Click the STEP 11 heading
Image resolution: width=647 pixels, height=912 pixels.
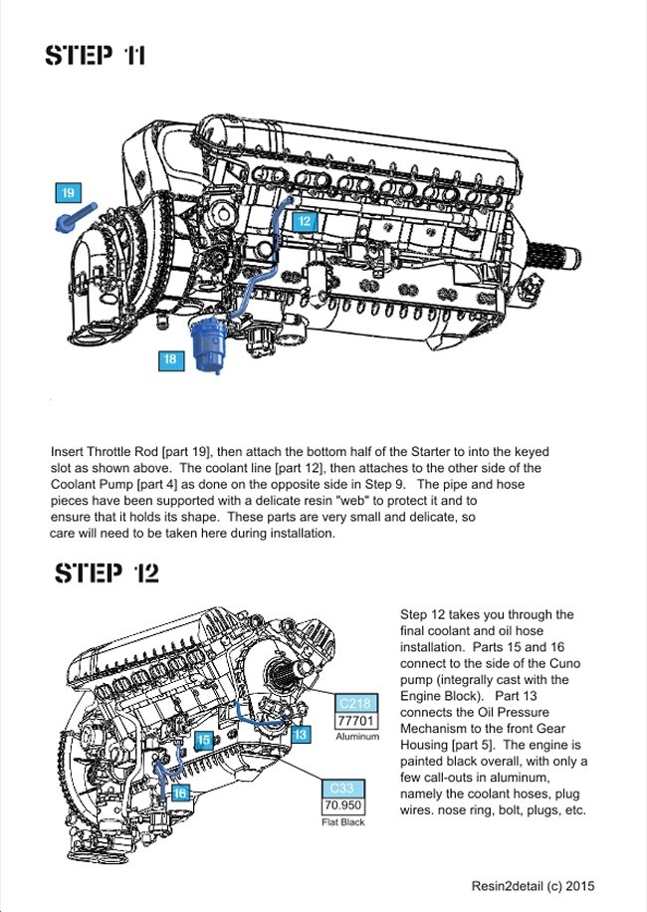96,55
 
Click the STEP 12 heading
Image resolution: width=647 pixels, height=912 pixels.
106,573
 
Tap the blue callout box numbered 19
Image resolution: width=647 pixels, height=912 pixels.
67,192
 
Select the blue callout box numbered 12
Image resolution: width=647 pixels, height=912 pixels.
305,221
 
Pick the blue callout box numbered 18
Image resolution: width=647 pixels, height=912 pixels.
170,359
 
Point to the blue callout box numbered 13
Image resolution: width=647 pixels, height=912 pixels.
301,734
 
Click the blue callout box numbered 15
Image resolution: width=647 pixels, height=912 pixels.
203,741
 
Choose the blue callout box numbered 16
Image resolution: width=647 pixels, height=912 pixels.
179,793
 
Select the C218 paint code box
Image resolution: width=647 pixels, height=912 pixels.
355,703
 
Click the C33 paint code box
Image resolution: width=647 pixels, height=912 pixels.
341,788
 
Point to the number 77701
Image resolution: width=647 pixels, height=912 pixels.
355,720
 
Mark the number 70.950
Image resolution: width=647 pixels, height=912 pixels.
341,804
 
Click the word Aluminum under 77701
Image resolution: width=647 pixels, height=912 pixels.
357,737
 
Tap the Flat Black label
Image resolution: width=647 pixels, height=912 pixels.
342,821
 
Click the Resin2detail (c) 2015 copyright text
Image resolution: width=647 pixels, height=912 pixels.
534,885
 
